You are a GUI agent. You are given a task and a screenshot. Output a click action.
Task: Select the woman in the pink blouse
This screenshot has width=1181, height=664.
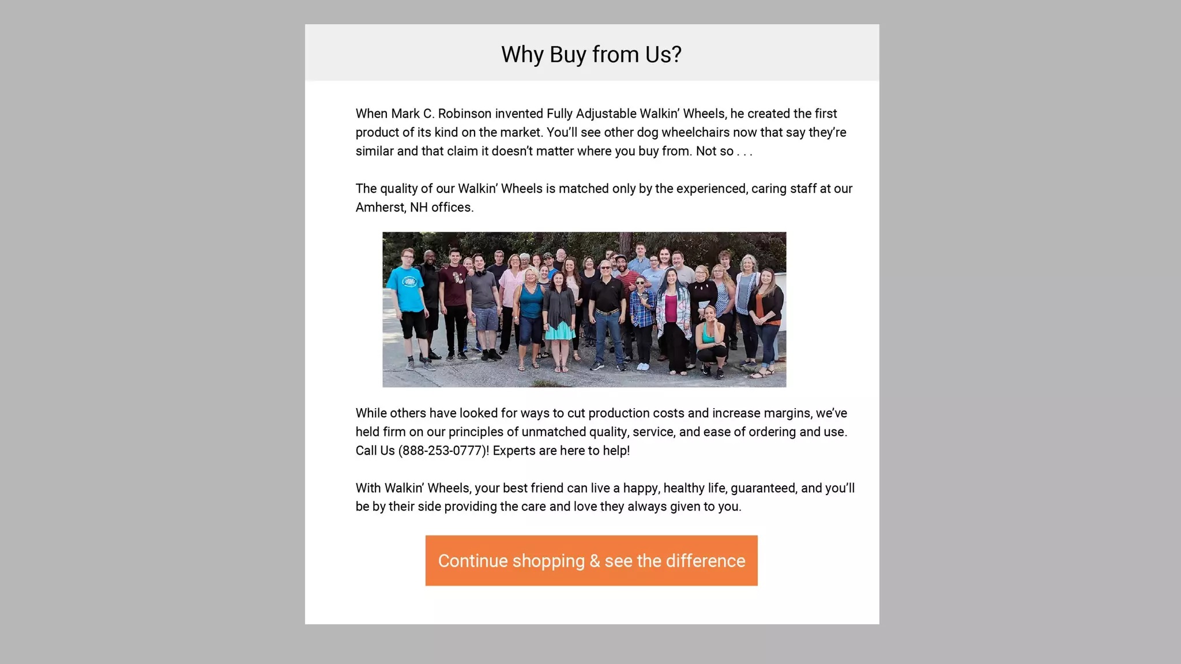512,288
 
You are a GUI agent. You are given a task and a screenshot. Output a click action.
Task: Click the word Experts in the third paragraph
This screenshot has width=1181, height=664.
514,451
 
